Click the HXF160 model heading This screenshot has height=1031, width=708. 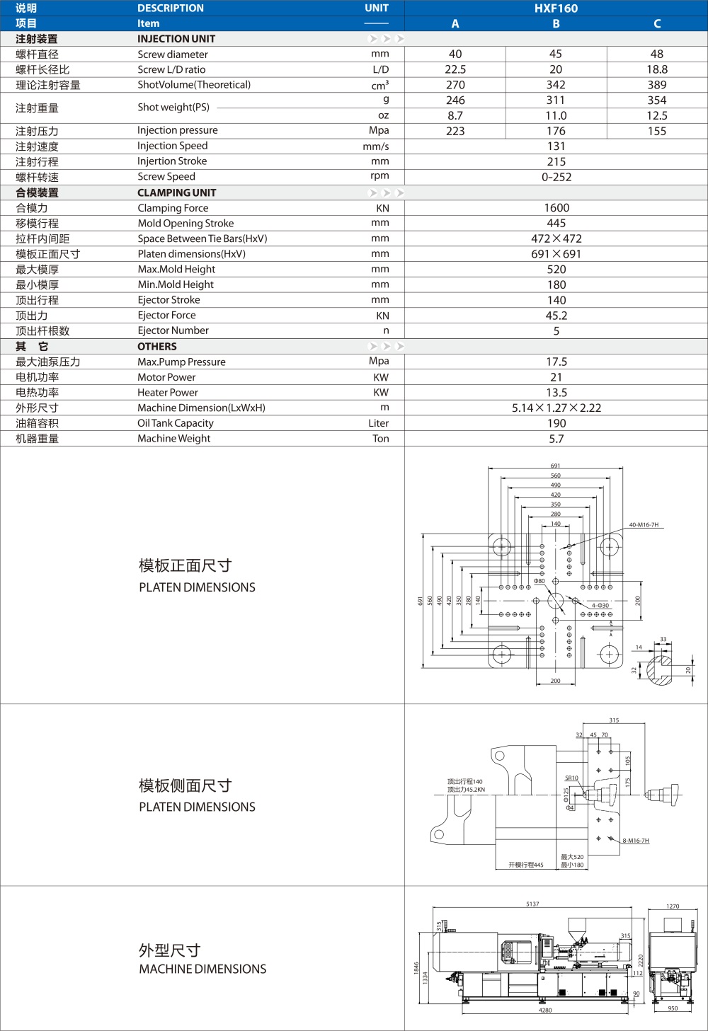point(556,8)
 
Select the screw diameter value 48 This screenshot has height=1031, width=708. point(656,54)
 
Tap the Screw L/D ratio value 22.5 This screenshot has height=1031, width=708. point(455,69)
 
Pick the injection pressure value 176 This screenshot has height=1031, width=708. point(556,131)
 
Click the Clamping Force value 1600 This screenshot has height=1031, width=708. point(556,208)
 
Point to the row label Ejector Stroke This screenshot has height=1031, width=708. point(169,300)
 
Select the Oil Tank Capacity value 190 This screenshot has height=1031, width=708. point(556,423)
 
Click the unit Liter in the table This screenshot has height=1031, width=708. point(378,423)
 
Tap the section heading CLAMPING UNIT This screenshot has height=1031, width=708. point(176,192)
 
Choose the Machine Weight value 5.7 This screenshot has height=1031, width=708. point(556,439)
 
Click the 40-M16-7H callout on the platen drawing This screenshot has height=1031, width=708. point(644,525)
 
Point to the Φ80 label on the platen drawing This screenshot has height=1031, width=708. point(539,581)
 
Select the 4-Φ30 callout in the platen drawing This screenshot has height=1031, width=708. point(600,606)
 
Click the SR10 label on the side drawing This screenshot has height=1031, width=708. point(571,778)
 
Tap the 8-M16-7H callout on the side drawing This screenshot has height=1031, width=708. point(636,841)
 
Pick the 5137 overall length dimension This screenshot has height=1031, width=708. point(532,904)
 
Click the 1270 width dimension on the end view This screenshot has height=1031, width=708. point(673,906)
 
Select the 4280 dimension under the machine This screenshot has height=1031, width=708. point(544,1010)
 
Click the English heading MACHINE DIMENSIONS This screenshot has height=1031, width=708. point(202,969)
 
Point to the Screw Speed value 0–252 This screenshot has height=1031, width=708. point(556,177)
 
